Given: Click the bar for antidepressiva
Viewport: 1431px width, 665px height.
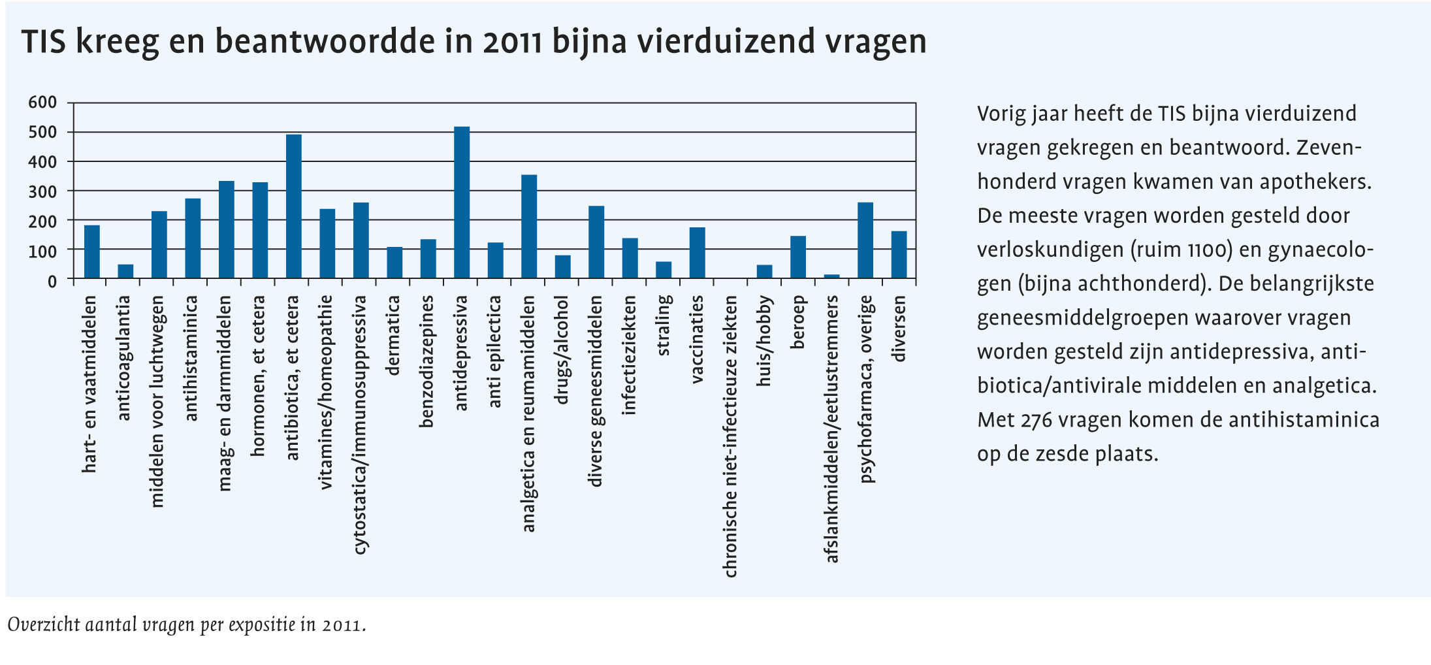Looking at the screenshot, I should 462,203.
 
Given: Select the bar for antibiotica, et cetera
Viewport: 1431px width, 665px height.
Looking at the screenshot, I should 294,207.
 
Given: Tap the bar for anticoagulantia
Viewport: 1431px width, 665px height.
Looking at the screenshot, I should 125,272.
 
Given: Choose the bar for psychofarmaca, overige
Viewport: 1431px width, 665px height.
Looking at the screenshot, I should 865,241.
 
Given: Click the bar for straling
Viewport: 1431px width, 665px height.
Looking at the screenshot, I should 664,270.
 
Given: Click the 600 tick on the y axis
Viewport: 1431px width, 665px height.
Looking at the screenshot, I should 42,103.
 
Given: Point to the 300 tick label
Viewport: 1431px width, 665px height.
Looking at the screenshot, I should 42,192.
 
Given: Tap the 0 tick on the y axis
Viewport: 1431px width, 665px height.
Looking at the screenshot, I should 52,282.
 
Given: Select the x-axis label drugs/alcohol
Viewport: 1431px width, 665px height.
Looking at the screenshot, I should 562,349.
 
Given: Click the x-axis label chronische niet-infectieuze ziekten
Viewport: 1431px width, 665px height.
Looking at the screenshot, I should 730,436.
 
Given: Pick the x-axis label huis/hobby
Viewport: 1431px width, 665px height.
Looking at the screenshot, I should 764,340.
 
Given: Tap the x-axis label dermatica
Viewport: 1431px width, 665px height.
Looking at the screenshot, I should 394,336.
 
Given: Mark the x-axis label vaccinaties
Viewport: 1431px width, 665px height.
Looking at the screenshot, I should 697,339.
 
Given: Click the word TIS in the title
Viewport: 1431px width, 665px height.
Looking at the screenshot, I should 44,42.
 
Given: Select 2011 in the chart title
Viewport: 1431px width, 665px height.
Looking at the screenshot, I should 513,42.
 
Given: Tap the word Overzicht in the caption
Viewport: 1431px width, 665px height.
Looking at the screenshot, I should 44,624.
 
